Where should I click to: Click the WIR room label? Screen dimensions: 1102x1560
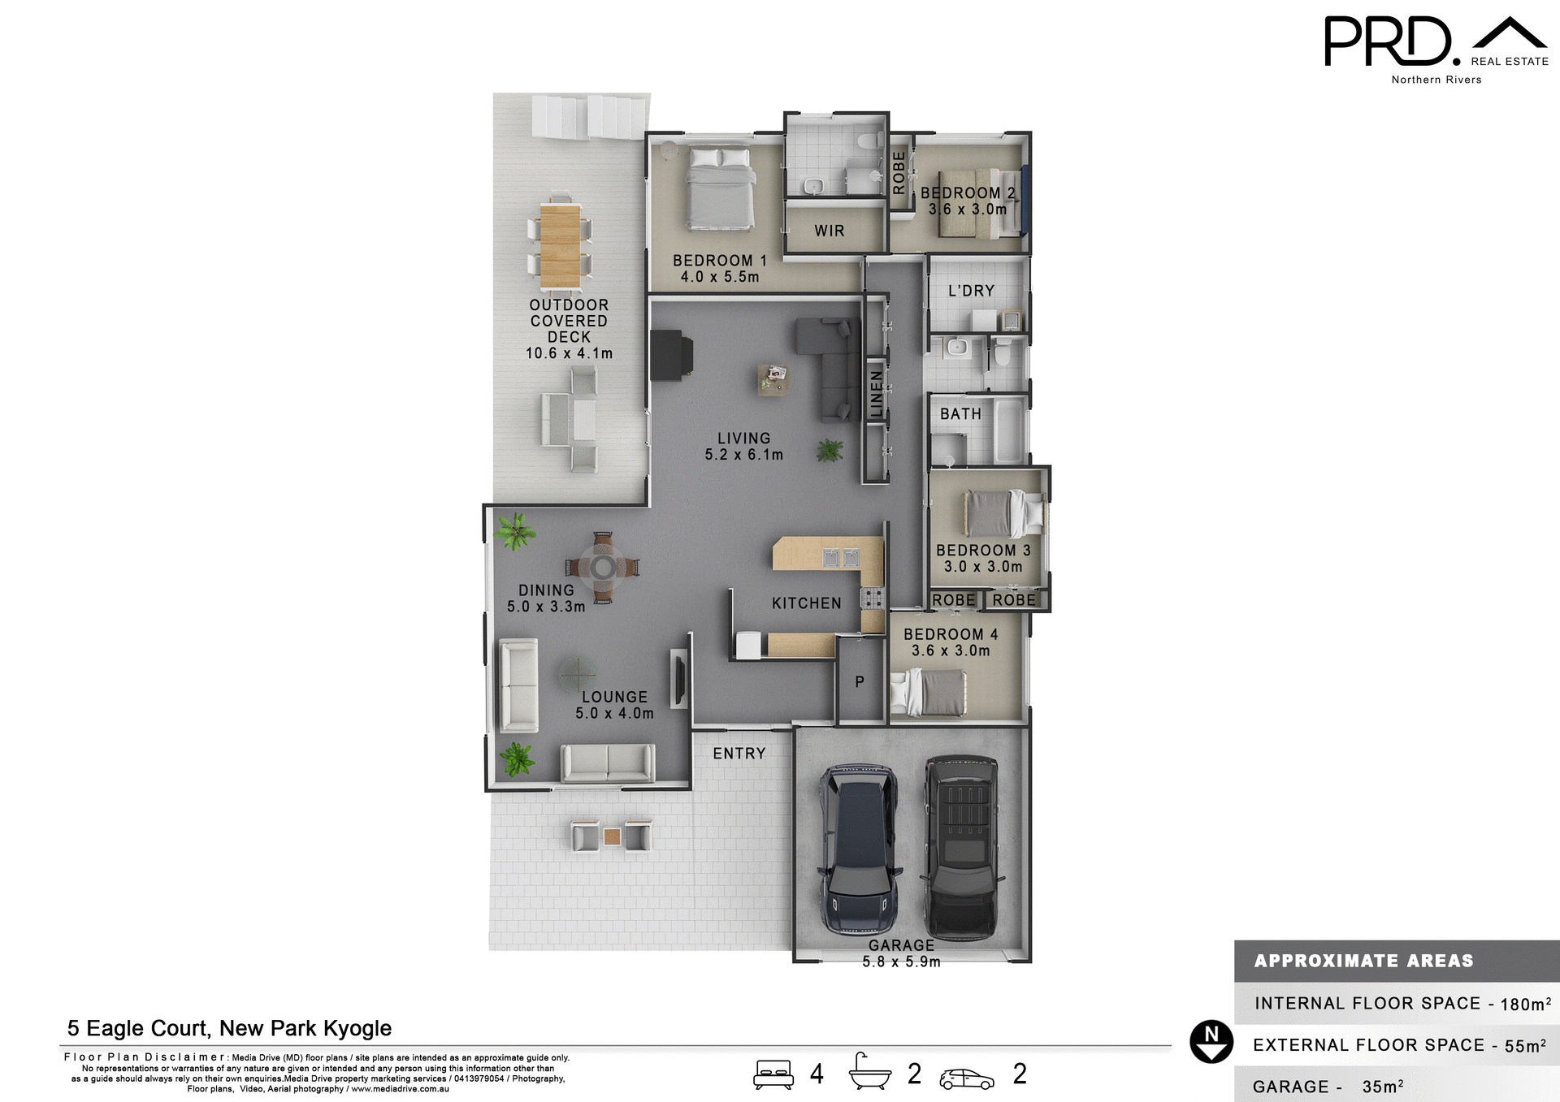click(x=829, y=231)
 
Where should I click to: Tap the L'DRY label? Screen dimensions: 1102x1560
click(x=971, y=291)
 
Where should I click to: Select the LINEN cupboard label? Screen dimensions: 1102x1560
click(x=876, y=393)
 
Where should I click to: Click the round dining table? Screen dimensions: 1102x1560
click(x=603, y=567)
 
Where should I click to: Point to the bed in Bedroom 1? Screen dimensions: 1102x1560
click(x=720, y=188)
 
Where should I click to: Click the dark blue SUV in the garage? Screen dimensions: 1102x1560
click(x=858, y=849)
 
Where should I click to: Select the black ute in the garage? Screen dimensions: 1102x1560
click(x=962, y=845)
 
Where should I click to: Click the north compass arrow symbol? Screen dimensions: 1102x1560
click(x=1211, y=1042)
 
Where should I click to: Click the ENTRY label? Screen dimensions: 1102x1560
click(x=739, y=754)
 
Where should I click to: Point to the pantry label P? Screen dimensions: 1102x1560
click(x=860, y=682)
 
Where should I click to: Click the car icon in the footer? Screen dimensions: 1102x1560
click(x=966, y=1078)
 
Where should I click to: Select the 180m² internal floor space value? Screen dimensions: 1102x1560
click(x=1525, y=1004)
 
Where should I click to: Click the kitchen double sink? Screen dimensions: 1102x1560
click(x=840, y=557)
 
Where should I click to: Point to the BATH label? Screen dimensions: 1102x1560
click(x=960, y=414)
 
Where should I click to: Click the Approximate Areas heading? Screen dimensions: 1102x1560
click(x=1363, y=961)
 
